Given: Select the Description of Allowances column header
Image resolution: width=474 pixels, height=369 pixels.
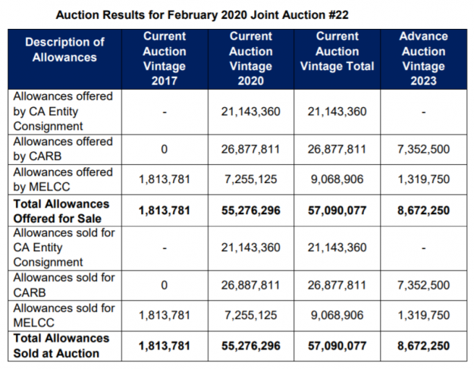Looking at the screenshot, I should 64,49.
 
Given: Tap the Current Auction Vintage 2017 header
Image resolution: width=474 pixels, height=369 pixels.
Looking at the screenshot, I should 164,58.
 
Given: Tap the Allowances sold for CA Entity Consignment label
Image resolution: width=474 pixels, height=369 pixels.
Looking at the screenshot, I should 64,248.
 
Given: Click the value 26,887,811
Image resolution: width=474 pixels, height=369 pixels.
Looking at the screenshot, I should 250,285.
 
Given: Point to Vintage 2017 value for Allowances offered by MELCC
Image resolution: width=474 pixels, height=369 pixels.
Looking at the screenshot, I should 164,180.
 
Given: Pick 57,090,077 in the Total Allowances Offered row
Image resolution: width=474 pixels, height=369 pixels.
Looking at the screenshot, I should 337,211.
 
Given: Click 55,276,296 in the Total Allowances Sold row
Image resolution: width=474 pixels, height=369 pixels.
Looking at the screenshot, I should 250,346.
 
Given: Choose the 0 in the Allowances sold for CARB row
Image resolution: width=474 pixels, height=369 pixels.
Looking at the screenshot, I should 164,285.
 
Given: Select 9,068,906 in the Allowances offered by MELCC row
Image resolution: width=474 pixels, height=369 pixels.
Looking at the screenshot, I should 337,180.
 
